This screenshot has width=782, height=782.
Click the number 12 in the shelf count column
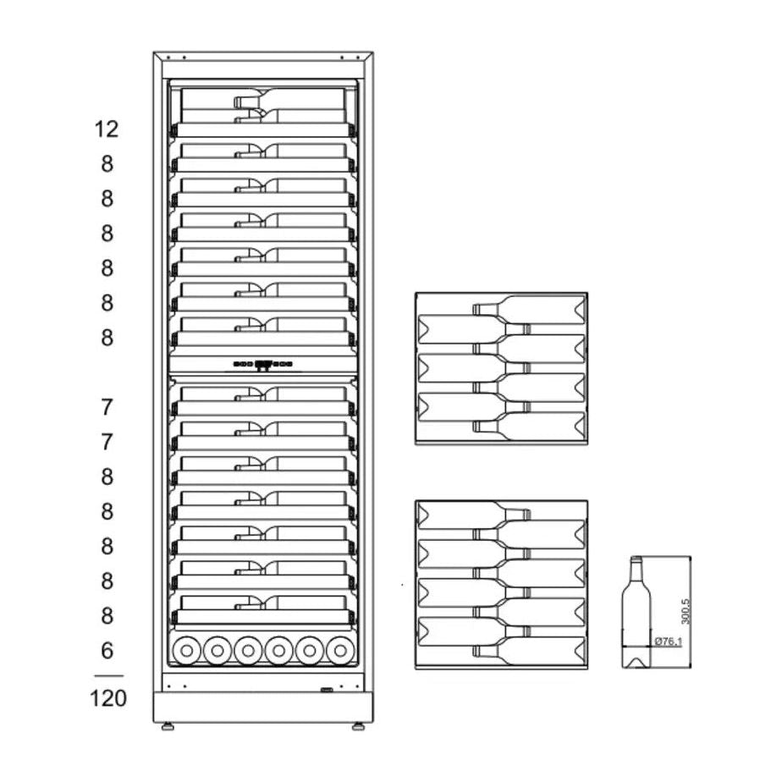[107, 129]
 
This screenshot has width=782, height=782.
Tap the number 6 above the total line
[107, 651]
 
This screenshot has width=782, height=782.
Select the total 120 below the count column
[107, 698]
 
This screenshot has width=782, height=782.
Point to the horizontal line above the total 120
[107, 675]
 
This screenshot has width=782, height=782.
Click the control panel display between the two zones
[263, 365]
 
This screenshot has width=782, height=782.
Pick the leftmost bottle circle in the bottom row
[186, 649]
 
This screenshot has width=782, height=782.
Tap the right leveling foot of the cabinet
[358, 726]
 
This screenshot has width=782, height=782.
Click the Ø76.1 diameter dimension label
[669, 642]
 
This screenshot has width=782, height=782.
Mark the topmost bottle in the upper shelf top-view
[529, 309]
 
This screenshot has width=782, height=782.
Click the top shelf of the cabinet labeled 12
[263, 110]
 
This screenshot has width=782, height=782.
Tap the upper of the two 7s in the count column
[107, 407]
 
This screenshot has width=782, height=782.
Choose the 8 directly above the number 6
[107, 615]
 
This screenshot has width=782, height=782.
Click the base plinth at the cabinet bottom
[263, 708]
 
